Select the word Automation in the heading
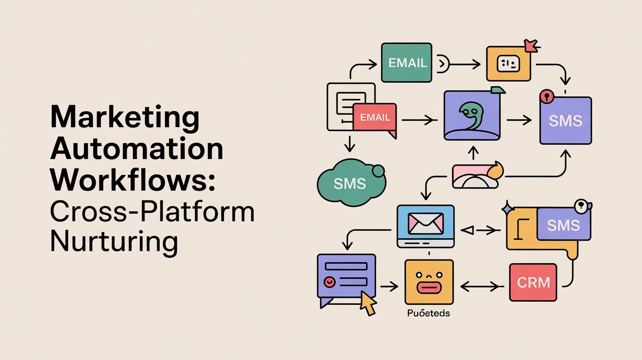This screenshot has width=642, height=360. click(x=137, y=149)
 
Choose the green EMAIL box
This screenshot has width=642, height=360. click(x=407, y=63)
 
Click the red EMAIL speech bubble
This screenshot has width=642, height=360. click(x=375, y=118)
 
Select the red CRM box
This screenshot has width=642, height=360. click(x=533, y=282)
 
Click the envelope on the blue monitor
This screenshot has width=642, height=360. click(x=425, y=224)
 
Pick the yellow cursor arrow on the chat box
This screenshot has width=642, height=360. click(x=368, y=305)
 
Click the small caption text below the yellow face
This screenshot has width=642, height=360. click(x=428, y=313)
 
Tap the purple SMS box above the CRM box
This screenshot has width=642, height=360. click(x=564, y=225)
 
